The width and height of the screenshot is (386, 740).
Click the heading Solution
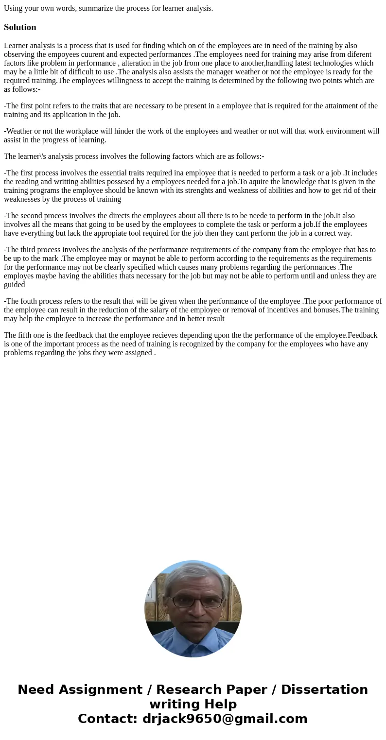coord(20,27)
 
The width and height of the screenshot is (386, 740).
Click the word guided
coord(14,285)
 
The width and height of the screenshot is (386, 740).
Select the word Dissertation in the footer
coord(324,689)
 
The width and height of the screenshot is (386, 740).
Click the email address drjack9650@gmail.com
coord(225,719)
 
